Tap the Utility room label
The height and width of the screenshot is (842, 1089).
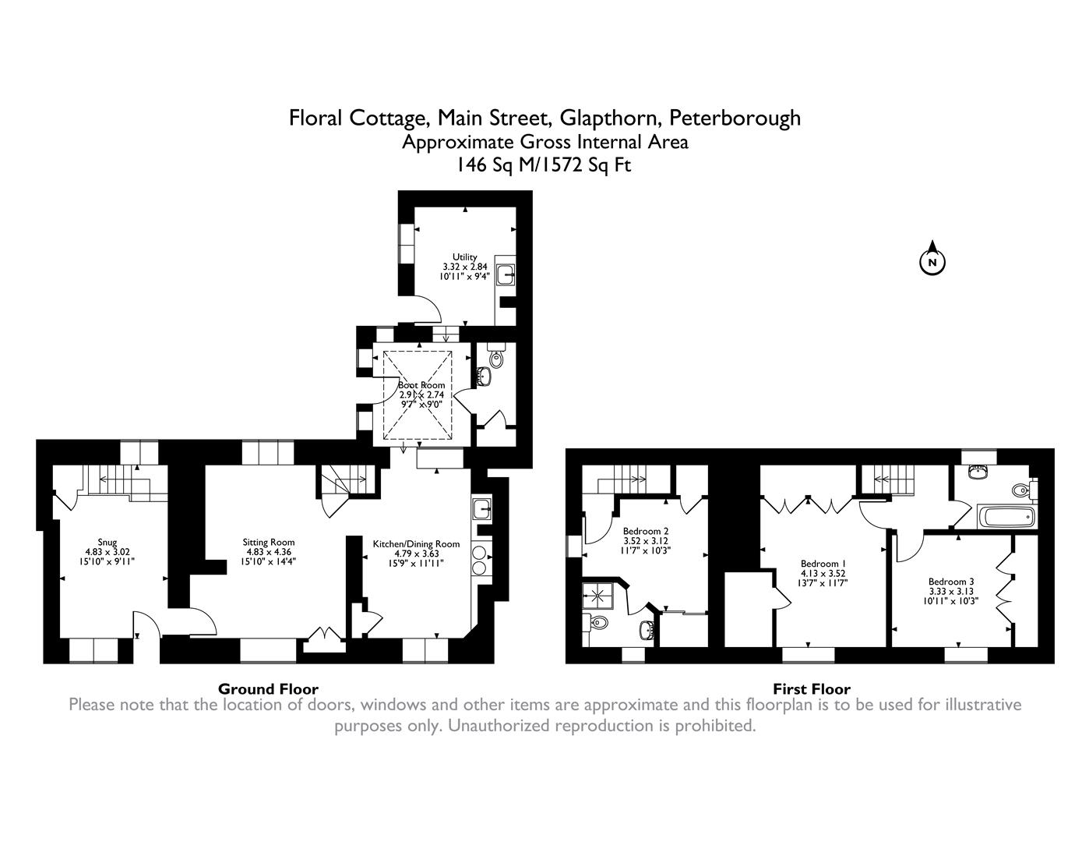tap(464, 256)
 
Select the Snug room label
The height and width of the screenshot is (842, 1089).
tap(107, 542)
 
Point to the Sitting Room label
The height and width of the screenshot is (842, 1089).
tap(269, 542)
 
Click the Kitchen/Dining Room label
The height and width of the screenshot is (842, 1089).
tap(416, 544)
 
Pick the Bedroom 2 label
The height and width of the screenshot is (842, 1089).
tap(646, 531)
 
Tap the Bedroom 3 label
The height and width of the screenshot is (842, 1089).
tap(951, 582)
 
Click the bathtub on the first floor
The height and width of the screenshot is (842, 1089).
tap(1006, 516)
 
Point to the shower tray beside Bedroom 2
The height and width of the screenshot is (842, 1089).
tap(597, 596)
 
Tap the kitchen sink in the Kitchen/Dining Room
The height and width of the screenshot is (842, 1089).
tap(481, 510)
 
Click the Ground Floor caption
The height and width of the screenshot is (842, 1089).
tap(268, 689)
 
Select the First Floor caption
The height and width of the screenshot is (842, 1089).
tap(812, 689)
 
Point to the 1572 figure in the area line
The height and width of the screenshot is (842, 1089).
tap(562, 165)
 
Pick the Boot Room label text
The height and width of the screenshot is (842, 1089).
tap(421, 385)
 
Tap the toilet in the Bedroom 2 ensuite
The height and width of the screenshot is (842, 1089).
tap(597, 622)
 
